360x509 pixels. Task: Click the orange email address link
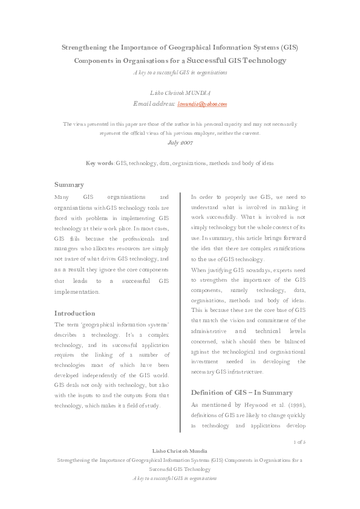coord(202,104)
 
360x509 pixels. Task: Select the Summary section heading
coord(69,184)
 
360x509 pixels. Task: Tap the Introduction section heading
coord(74,314)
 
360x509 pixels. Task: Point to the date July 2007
coord(180,144)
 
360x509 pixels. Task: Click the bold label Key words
coord(100,163)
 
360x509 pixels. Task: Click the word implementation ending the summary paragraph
coord(77,291)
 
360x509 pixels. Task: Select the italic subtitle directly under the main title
coord(180,73)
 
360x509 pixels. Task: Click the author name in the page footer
coord(180,452)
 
